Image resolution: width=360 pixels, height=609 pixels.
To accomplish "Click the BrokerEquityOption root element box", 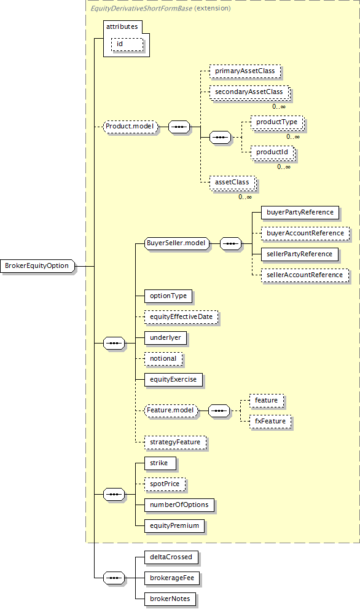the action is pos(37,266).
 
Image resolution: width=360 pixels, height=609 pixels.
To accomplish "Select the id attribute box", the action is pos(127,44).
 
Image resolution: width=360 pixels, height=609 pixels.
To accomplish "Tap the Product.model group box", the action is pos(130,127).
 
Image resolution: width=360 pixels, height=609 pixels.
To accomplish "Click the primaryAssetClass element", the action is pos(245,71).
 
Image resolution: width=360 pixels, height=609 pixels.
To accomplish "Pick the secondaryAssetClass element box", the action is pos(249,92).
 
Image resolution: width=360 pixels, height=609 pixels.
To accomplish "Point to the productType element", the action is pos(277,122).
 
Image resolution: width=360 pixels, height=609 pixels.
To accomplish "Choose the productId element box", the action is pos(272,152).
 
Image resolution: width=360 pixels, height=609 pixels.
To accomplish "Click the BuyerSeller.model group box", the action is pos(176,243).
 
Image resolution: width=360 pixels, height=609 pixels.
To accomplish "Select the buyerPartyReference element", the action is pos(300,213).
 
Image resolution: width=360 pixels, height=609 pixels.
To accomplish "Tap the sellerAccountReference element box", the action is pos(305,275).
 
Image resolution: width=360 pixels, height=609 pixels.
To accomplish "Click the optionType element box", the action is pos(168,296).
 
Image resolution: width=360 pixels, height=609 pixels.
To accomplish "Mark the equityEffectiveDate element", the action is pos(181,317).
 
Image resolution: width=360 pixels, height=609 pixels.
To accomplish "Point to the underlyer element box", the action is pos(165,338).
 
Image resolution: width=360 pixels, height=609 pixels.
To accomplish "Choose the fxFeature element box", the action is pos(270,422).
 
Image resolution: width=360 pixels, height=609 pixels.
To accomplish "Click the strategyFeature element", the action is pos(175,442).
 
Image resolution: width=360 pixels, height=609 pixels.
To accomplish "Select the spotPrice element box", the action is pos(165,484).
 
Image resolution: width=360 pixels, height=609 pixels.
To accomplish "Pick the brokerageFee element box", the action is pos(172,578).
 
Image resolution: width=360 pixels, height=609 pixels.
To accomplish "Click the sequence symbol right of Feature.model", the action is pos(219,411).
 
